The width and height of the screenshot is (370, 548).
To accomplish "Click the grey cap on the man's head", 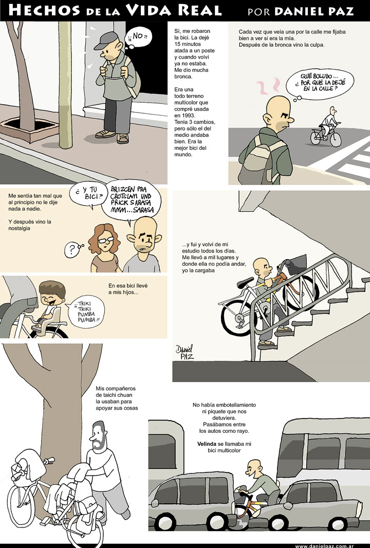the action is (106, 40).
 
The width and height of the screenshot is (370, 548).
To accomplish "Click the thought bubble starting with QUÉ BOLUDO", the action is (319, 83).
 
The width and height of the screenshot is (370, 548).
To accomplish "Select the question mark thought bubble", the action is (72, 249).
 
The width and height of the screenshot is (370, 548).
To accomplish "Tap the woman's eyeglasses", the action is (105, 240).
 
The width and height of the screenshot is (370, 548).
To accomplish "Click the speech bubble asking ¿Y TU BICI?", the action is (87, 194).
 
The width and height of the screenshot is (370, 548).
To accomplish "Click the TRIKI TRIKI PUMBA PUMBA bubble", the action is (87, 312).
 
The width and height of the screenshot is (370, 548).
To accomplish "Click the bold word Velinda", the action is (207, 444).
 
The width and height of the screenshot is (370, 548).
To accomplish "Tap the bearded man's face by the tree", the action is (97, 437).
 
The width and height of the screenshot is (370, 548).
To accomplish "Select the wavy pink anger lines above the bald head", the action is (268, 87).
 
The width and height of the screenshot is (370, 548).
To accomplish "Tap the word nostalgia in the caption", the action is (19, 228).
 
